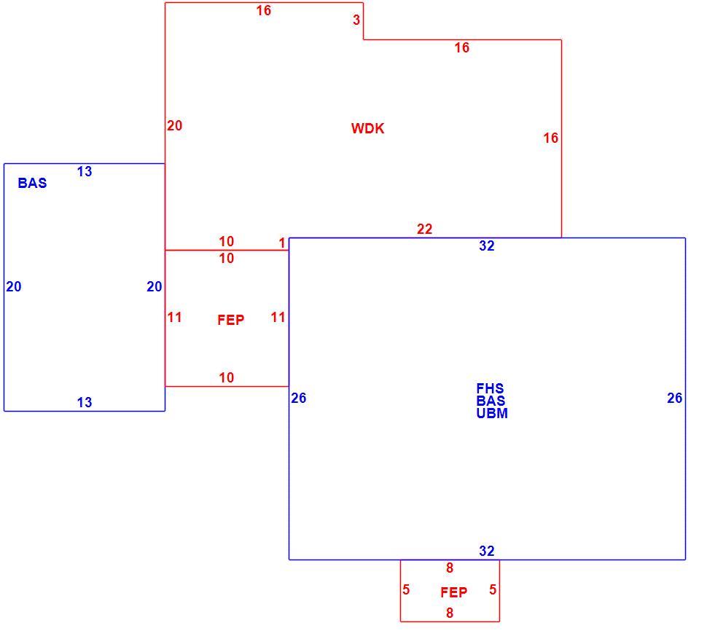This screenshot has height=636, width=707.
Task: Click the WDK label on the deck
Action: (x=367, y=128)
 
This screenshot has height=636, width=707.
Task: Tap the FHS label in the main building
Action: (x=490, y=388)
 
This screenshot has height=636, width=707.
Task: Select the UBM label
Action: (x=492, y=413)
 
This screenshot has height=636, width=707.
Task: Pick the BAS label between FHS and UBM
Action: (x=491, y=400)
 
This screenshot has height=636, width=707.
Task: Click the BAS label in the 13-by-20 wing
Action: (x=32, y=183)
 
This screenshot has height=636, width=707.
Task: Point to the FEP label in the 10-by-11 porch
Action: (x=230, y=320)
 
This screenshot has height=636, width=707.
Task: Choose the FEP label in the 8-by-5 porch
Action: (x=453, y=592)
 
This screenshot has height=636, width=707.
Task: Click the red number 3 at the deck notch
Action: (x=356, y=20)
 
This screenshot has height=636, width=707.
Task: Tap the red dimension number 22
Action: (x=424, y=229)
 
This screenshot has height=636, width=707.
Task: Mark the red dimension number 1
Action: (x=282, y=243)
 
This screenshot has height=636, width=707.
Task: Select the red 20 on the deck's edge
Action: (x=174, y=125)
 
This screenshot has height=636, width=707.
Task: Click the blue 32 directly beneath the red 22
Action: (x=486, y=246)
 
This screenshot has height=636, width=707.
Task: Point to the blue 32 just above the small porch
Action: (x=486, y=551)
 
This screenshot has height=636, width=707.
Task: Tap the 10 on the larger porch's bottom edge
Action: (x=227, y=377)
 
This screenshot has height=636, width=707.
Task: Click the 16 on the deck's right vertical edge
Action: (x=550, y=138)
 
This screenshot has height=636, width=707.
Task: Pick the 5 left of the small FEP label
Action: (x=406, y=589)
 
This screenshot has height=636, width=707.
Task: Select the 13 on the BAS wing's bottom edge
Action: (x=85, y=402)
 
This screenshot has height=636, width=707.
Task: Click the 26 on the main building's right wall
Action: (x=674, y=398)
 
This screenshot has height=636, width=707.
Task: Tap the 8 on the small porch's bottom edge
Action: (x=450, y=613)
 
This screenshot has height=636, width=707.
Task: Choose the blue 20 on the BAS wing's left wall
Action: (x=14, y=286)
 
